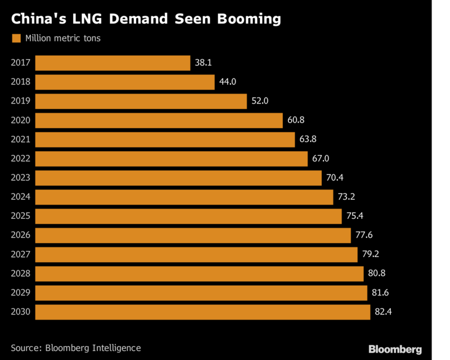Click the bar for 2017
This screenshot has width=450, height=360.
point(112,63)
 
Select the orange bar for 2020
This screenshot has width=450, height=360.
point(159,120)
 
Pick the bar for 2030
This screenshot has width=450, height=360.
point(202,312)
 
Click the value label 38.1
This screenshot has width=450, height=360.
point(203,63)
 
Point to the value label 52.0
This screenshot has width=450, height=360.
point(259,101)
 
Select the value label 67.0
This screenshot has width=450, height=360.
point(320,159)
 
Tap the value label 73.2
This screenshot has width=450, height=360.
point(346,197)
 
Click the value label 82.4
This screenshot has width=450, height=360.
point(383,312)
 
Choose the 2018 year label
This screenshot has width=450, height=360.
point(21,82)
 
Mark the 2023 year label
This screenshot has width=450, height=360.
point(21,178)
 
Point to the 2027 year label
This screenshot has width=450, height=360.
point(21,255)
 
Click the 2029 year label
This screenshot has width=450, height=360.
point(21,293)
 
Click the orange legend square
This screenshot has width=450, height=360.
point(16,38)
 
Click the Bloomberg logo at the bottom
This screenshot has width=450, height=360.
point(394,349)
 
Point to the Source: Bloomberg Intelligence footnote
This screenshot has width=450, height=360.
point(76,348)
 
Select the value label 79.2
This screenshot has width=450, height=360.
point(370,255)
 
